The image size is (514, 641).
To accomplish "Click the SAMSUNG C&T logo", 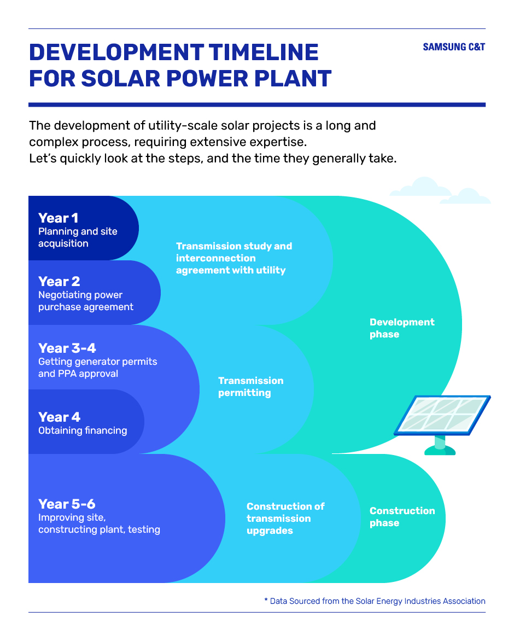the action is tap(454, 47).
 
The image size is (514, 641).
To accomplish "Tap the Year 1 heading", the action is tap(58, 218).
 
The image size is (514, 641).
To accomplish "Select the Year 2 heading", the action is tap(59, 281).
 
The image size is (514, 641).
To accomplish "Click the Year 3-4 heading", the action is tap(67, 348).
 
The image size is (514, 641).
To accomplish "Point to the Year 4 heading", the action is tap(59, 417).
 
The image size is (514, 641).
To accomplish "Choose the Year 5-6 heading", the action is tap(67, 504).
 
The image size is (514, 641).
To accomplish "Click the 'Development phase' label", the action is tap(402, 328).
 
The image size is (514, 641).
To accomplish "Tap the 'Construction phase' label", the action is tap(402, 517).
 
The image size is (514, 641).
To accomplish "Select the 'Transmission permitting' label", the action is tap(251, 387).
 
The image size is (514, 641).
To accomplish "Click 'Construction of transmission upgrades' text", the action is tap(285, 518).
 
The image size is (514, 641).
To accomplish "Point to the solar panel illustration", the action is tap(442, 424).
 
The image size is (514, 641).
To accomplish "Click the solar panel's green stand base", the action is tap(440, 450).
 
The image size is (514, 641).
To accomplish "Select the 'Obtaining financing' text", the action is tap(83, 430).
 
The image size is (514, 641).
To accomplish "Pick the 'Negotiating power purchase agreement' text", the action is tap(86, 301).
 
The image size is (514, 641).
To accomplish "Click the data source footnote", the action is tap(375, 601).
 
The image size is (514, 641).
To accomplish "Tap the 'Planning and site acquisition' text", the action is tap(78, 237).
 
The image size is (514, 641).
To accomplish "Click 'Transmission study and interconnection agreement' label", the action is tap(234, 258).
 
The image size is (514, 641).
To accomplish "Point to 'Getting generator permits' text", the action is tap(98, 362).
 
